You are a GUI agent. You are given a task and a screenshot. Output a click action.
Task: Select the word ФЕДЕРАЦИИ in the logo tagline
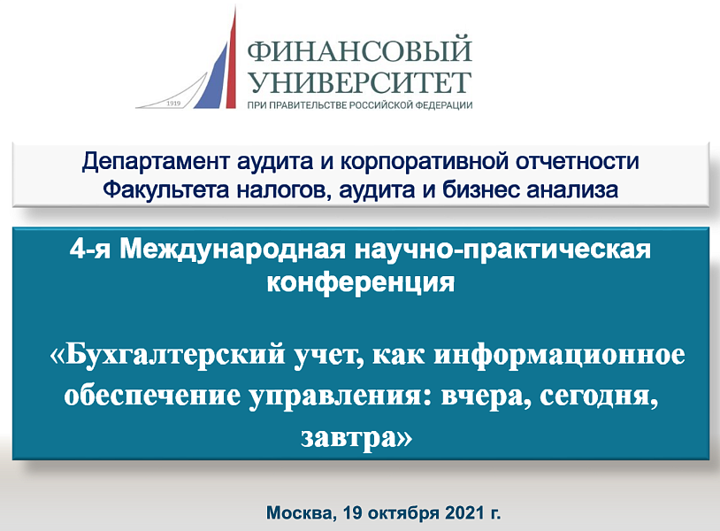[443, 104]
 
